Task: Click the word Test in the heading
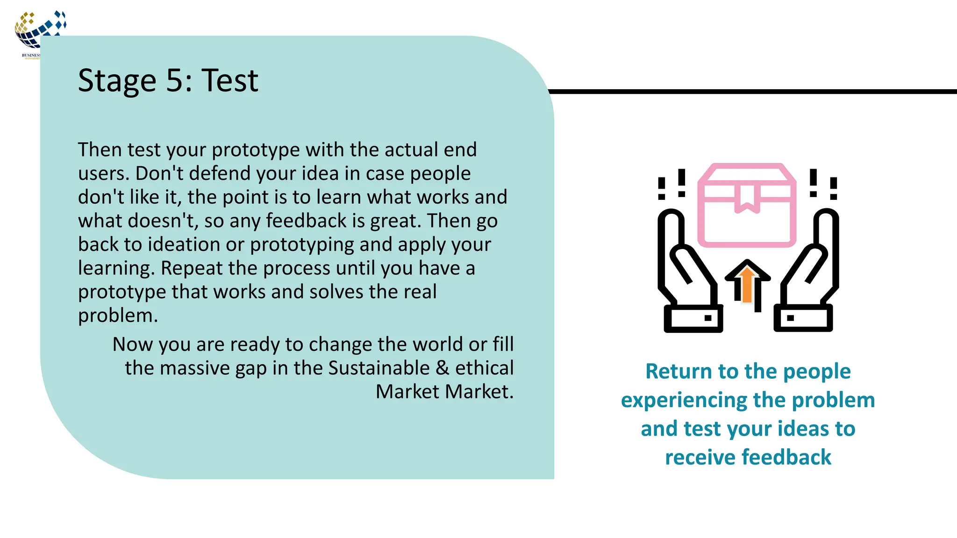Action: pyautogui.click(x=229, y=80)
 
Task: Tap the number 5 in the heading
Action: pyautogui.click(x=176, y=80)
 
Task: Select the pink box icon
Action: pyautogui.click(x=747, y=205)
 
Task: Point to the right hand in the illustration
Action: pyautogui.click(x=807, y=271)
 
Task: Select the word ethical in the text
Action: pyautogui.click(x=484, y=368)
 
